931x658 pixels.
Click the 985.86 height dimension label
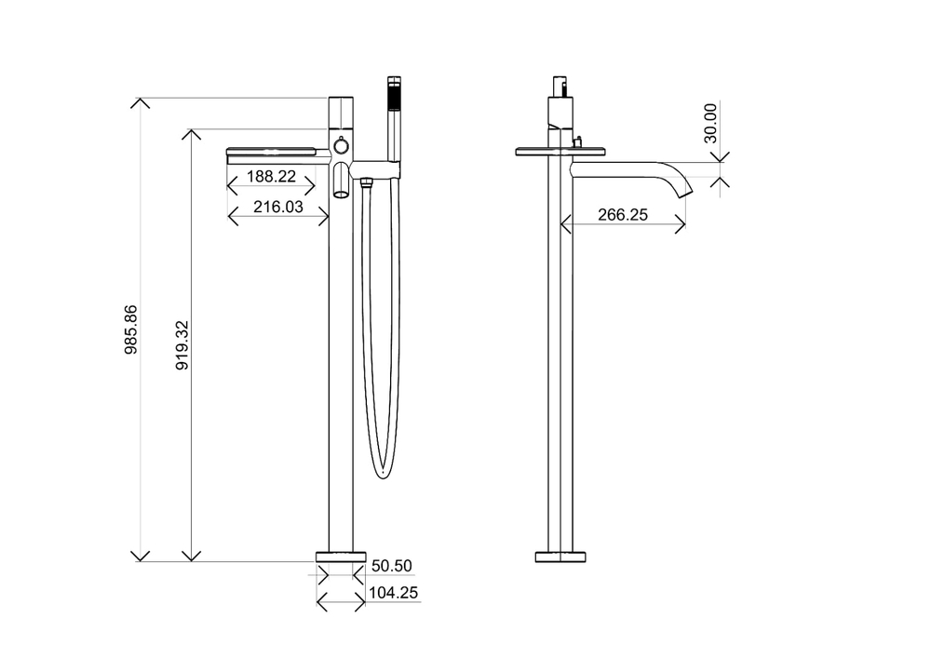tap(131, 329)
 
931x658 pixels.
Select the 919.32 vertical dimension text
tap(182, 344)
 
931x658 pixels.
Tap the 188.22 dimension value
tap(271, 176)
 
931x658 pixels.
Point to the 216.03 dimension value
tap(278, 207)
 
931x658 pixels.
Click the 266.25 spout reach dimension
tap(623, 215)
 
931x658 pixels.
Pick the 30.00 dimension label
tap(710, 123)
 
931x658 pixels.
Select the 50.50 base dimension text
tap(391, 566)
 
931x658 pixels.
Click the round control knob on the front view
tap(342, 145)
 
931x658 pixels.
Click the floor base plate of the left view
tap(341, 557)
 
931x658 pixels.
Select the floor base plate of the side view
tap(560, 557)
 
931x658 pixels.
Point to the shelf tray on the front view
tap(277, 152)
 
